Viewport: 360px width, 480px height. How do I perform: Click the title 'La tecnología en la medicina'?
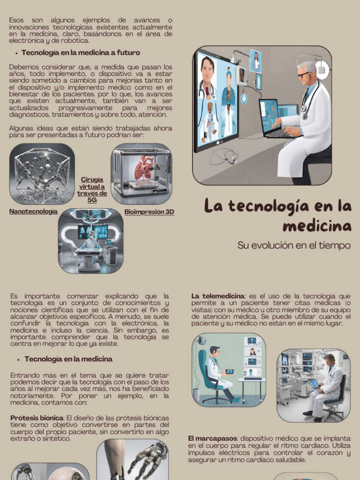pos(278,216)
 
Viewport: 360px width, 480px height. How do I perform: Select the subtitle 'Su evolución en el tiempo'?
pos(294,245)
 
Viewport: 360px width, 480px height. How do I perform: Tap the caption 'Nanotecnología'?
pos(33,211)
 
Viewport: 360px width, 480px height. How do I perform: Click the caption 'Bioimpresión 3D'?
pos(149,212)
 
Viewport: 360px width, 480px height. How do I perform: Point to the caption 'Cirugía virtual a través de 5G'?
pos(92,189)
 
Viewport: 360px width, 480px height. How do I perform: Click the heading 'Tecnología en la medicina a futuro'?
pos(81,52)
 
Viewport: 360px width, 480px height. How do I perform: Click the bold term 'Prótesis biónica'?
pos(37,418)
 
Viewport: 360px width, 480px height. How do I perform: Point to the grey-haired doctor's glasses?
pos(303,75)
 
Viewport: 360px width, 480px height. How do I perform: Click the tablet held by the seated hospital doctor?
pos(314,384)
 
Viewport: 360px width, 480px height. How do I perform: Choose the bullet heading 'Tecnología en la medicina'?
pos(68,359)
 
